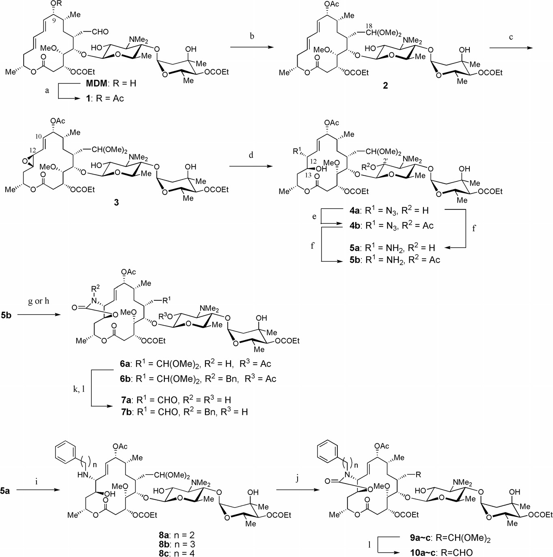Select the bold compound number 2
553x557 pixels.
click(x=385, y=85)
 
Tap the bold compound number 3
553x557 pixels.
click(x=116, y=202)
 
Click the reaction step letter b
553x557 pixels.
click(x=252, y=36)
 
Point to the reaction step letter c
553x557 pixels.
click(x=511, y=37)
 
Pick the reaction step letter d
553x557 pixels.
click(x=251, y=155)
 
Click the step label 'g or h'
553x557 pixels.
click(x=38, y=301)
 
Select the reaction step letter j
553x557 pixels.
click(x=297, y=479)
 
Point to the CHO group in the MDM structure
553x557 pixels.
click(x=100, y=32)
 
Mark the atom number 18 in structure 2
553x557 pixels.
click(x=369, y=26)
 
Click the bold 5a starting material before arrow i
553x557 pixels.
click(x=5, y=491)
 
